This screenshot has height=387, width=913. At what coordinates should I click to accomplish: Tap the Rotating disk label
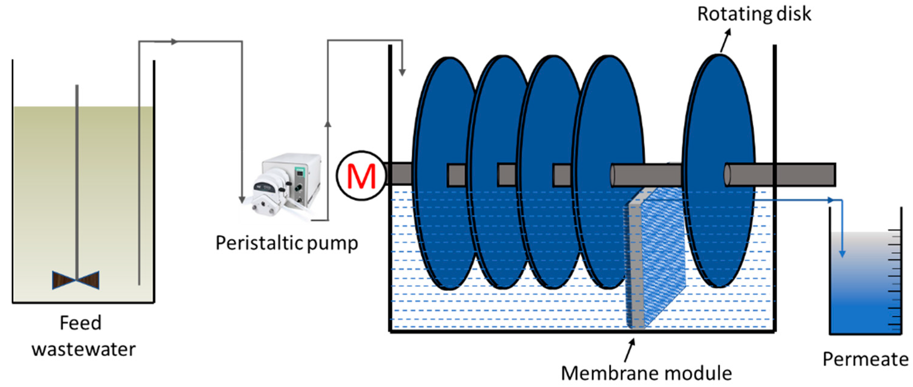[754, 14]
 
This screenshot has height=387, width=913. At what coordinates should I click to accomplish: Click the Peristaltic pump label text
[287, 243]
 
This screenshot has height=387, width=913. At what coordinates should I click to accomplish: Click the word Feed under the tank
[81, 323]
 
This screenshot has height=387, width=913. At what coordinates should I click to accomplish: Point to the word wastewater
[84, 349]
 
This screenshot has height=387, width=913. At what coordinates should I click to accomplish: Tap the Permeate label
[865, 359]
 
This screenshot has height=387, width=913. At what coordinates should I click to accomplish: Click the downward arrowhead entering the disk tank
[402, 72]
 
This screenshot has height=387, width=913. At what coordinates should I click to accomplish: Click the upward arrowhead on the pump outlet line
[328, 123]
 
